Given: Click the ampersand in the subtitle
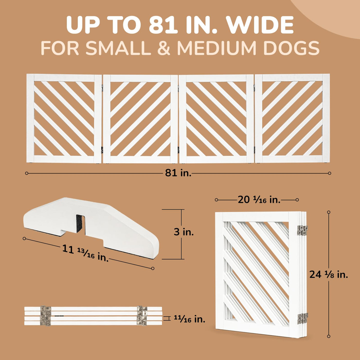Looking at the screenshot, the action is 164,48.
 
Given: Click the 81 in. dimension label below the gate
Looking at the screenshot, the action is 178,173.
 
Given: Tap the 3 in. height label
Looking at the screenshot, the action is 184,232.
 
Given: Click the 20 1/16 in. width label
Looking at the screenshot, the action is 259,200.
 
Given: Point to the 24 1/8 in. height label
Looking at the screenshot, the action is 329,274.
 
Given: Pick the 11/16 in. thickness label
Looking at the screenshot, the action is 190,319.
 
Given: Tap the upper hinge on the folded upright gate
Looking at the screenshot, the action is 302,230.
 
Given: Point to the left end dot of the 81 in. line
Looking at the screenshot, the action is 26,173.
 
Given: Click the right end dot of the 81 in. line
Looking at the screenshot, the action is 330,173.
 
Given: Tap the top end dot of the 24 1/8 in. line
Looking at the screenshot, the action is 329,212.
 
